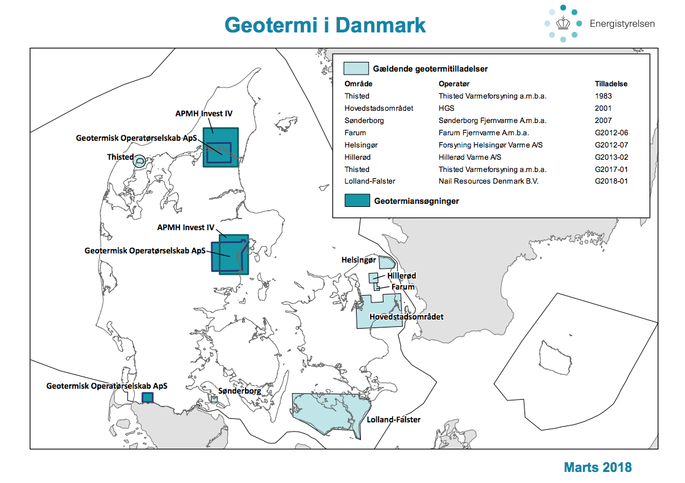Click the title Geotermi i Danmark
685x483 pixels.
coord(325,25)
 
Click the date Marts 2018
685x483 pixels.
coord(597,468)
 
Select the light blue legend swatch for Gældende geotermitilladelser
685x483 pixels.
coord(356,68)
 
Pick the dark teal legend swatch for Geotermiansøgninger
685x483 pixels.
coord(356,200)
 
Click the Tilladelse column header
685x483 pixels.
coord(611,84)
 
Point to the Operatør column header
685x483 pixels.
coord(454,84)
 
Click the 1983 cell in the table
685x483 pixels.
coord(603,96)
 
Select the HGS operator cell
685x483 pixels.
coord(446,108)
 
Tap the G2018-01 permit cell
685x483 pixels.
coord(611,181)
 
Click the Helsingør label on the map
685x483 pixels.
coord(358,260)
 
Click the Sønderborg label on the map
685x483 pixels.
coord(240,391)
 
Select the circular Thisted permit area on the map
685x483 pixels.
coord(140,162)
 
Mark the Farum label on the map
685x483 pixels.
coord(403,286)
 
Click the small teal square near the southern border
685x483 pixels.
coord(147,397)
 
